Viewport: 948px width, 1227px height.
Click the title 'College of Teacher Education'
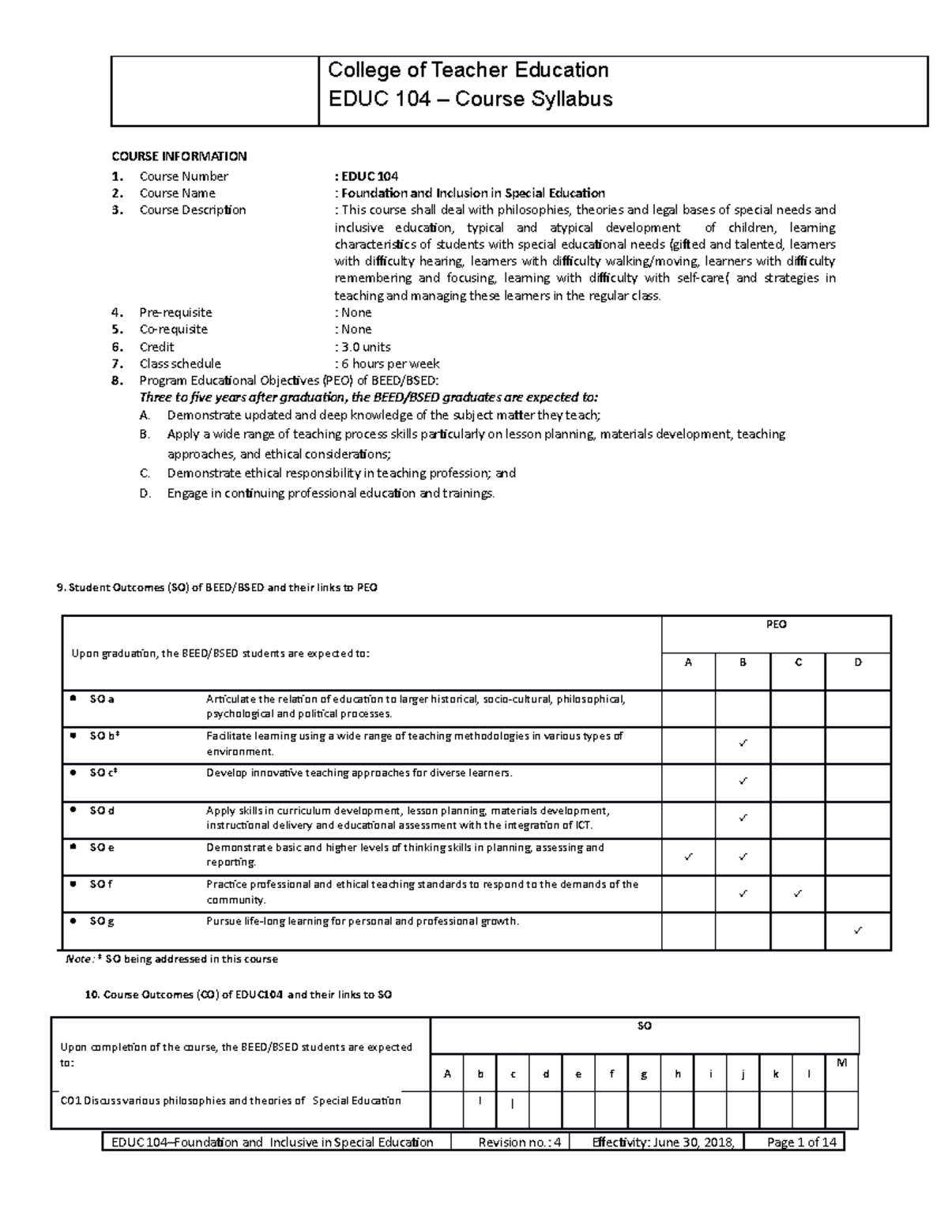pyautogui.click(x=468, y=70)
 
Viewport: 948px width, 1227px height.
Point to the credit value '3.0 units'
pyautogui.click(x=365, y=347)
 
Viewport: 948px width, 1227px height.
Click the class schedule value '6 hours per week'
pyautogui.click(x=389, y=363)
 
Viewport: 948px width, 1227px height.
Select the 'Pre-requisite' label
pyautogui.click(x=175, y=312)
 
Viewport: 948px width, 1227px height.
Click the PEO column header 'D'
pyautogui.click(x=858, y=662)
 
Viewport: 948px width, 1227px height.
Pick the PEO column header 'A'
pyautogui.click(x=688, y=662)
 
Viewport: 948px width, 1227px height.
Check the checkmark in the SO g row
pyautogui.click(x=858, y=931)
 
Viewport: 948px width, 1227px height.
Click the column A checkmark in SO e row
pyautogui.click(x=688, y=856)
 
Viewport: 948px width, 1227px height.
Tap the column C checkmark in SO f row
pyautogui.click(x=798, y=894)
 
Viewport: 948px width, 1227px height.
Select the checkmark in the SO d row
pyautogui.click(x=743, y=819)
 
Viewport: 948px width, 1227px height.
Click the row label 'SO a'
pyautogui.click(x=102, y=699)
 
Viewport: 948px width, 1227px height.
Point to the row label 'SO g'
pyautogui.click(x=102, y=921)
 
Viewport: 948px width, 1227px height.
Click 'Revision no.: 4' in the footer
pyautogui.click(x=519, y=1142)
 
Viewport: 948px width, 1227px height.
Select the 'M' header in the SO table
pyautogui.click(x=841, y=1063)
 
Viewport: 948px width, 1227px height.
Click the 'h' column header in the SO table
pyautogui.click(x=677, y=1074)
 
